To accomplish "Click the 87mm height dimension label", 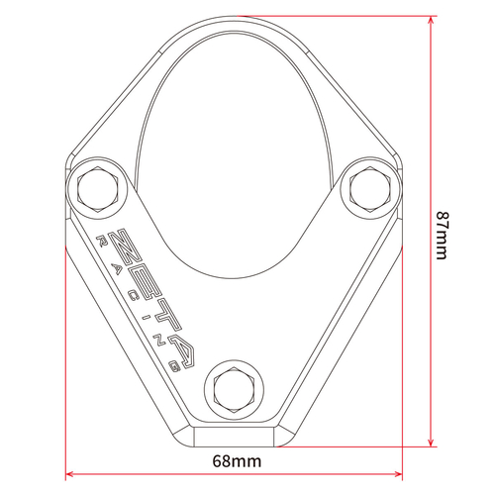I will point(442,236).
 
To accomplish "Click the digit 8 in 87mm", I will point(442,216).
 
